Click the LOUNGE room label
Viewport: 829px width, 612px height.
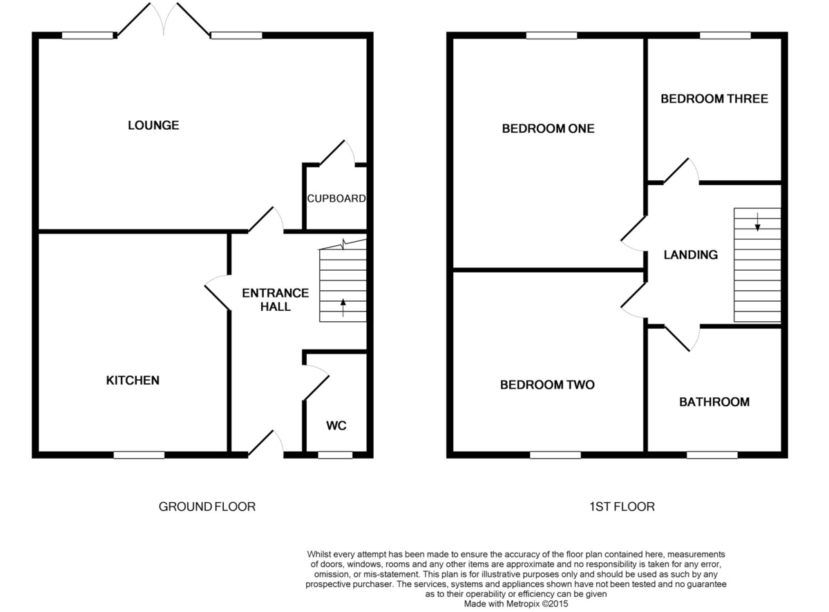153,125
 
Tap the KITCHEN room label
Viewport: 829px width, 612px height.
133,381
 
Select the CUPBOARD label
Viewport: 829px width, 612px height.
336,199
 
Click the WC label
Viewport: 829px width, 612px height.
336,425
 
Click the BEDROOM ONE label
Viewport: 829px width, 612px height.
548,128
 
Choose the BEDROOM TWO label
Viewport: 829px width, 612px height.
547,385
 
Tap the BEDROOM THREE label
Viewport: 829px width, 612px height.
714,99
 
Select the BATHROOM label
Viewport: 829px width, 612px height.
714,402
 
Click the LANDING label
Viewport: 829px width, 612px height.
690,255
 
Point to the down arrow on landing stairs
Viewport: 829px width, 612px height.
757,222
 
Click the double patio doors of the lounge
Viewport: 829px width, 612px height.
163,19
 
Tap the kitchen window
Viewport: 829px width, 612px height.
139,455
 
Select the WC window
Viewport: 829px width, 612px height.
335,455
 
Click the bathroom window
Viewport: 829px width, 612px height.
712,455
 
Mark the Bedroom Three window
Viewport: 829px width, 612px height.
725,35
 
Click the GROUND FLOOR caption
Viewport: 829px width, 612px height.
207,507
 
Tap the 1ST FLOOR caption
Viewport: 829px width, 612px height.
622,507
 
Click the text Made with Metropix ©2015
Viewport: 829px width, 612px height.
515,604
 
